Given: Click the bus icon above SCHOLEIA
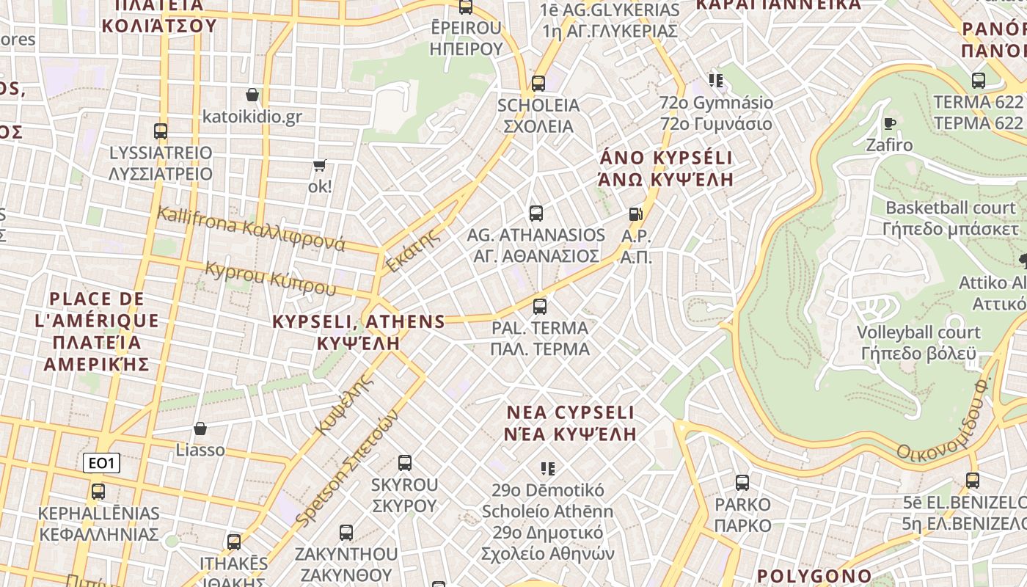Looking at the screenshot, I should [538, 83].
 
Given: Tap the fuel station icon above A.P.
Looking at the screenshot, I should [635, 214].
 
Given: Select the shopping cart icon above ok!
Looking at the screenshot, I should [319, 165].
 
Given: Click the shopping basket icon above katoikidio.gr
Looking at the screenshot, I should [252, 95].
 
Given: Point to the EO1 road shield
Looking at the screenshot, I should [101, 463].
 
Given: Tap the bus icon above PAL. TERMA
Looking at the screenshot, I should [540, 306].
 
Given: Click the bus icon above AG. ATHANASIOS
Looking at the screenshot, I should [536, 214].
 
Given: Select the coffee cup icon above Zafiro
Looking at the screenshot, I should [890, 123].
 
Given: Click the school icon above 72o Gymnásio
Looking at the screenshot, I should [716, 81].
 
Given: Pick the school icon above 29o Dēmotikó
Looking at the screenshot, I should [547, 468].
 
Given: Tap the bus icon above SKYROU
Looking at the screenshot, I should [404, 463].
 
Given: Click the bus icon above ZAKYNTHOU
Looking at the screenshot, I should [346, 532].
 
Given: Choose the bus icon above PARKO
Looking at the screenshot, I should [742, 483].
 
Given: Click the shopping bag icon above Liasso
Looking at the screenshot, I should [200, 429].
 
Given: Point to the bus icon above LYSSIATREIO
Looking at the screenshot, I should [161, 131].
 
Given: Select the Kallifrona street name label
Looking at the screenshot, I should [250, 228].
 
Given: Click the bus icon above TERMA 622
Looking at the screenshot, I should [978, 81].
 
